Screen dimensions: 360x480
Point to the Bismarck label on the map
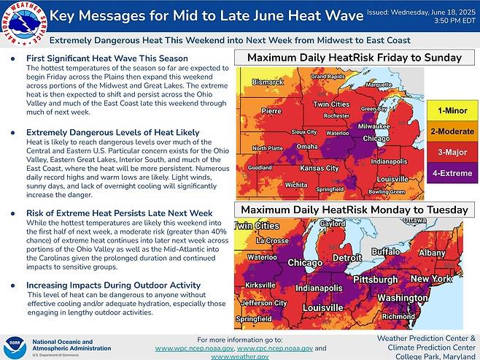point(263,83)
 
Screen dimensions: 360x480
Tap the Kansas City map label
point(320,168)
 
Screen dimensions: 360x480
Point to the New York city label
point(432,279)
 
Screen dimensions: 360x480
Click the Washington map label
point(403,298)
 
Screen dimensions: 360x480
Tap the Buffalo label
point(386,251)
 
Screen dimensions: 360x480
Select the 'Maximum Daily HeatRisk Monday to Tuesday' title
point(351,210)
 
